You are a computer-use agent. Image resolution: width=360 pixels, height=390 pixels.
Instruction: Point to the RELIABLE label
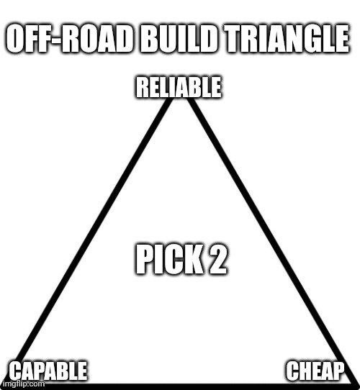[x=179, y=87]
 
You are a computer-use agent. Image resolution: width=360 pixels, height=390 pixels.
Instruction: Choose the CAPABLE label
[x=48, y=371]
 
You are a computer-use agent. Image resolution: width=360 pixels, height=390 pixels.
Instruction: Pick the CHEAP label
[x=315, y=371]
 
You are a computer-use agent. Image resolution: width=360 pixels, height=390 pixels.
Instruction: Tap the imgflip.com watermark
[x=24, y=384]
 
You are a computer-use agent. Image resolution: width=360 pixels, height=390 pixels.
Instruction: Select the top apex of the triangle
[x=180, y=99]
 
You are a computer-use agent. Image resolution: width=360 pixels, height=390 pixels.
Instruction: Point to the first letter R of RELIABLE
[x=143, y=87]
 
